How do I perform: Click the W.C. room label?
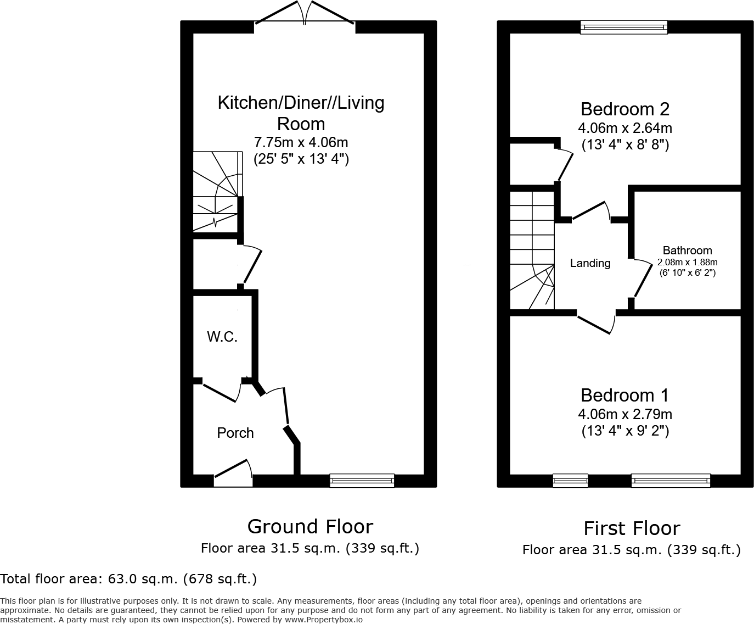pos(222,337)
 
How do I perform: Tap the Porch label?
pos(235,433)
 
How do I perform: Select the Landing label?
pos(590,263)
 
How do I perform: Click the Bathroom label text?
pos(687,250)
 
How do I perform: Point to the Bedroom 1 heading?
pos(624,395)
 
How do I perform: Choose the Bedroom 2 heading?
pos(624,109)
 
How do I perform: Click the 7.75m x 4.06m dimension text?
pos(301,142)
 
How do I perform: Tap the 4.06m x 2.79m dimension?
pos(624,414)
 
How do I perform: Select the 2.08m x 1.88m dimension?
pos(687,262)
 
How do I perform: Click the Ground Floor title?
pos(310,526)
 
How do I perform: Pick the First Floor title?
pos(632,528)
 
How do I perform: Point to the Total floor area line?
pos(128,578)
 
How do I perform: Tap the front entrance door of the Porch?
pos(233,473)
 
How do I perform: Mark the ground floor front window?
pos(362,481)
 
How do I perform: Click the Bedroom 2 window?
pos(624,27)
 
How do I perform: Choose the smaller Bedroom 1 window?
pos(570,481)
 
